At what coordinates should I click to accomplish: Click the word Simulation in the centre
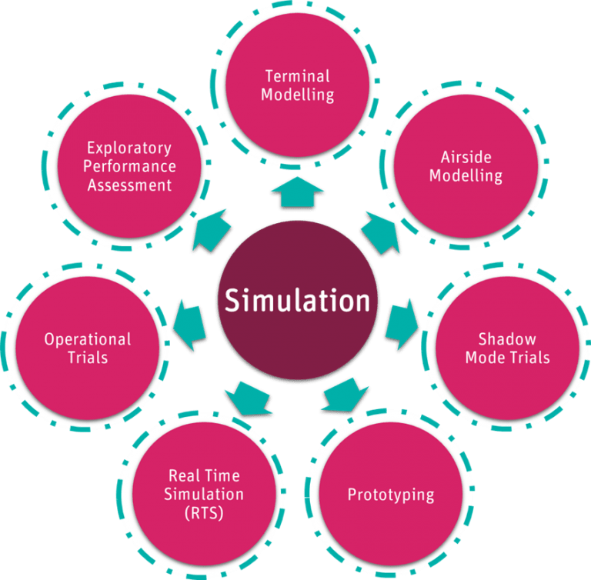[297, 300]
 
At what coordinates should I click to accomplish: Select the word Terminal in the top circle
[297, 76]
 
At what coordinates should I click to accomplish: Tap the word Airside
[466, 158]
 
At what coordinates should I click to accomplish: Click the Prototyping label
[390, 494]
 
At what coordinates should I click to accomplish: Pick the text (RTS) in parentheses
[204, 513]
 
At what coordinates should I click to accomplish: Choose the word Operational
[87, 339]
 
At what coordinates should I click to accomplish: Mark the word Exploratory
[129, 147]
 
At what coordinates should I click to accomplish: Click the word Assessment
[129, 185]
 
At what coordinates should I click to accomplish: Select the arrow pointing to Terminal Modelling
[297, 191]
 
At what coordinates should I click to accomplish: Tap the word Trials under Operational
[87, 358]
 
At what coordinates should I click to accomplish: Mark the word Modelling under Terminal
[297, 95]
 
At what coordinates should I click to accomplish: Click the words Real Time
[204, 475]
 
